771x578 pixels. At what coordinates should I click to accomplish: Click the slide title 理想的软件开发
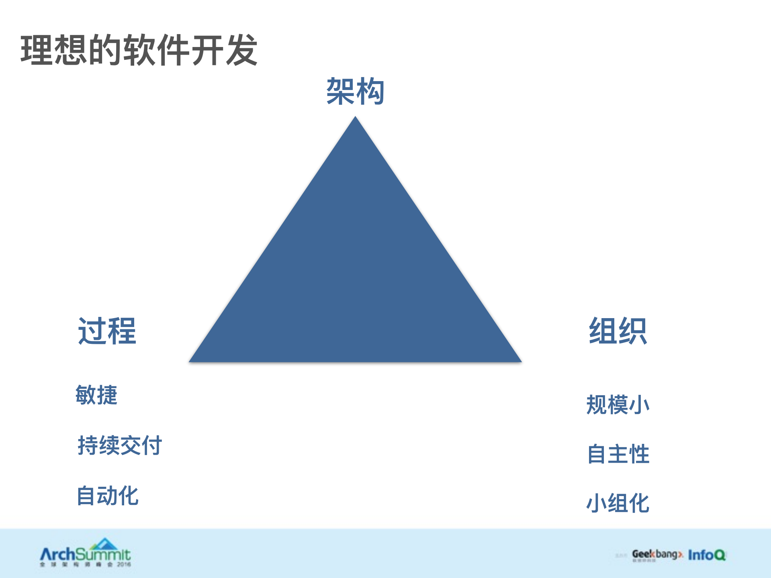[x=139, y=50]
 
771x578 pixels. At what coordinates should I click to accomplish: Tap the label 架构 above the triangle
[x=355, y=92]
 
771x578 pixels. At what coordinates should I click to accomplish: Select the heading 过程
[x=107, y=331]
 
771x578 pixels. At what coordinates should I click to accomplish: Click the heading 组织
[x=618, y=331]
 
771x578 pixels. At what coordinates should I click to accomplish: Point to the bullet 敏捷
[x=96, y=395]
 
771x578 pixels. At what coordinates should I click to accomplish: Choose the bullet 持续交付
[x=120, y=445]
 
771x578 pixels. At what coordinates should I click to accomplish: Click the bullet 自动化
[x=108, y=496]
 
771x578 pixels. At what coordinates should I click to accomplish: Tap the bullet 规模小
[x=618, y=404]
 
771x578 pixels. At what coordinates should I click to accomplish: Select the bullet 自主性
[x=618, y=454]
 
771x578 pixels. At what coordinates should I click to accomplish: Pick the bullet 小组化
[x=618, y=503]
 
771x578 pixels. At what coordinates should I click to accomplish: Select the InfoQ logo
[x=707, y=555]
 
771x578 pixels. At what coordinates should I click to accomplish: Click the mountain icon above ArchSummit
[x=104, y=544]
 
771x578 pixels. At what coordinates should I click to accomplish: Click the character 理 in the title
[x=37, y=50]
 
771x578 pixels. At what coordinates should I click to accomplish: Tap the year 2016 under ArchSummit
[x=124, y=564]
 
